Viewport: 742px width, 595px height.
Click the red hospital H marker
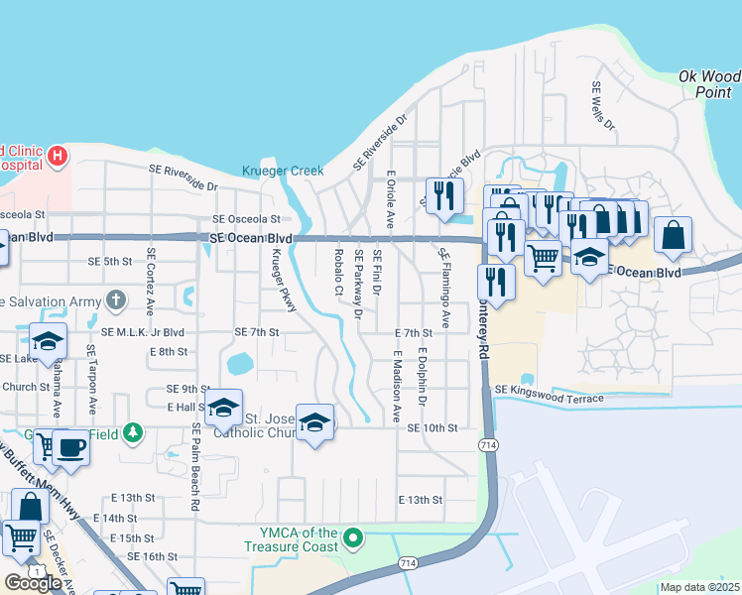pos(58,156)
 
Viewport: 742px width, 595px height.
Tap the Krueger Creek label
pos(283,171)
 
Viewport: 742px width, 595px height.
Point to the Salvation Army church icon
pos(116,298)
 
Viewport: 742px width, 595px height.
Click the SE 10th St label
pos(432,427)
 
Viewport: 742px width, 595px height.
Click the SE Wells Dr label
pos(602,107)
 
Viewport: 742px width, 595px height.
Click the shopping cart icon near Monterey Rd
pos(543,257)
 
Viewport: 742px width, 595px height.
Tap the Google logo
pos(33,583)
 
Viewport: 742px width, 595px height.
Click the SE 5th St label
pos(110,262)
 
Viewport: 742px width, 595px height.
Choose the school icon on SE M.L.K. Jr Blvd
pos(47,341)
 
